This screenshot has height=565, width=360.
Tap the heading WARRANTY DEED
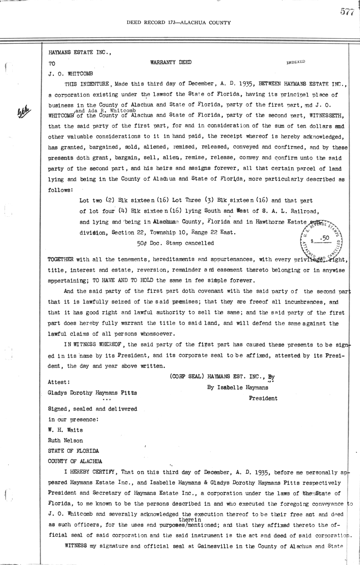pos(171,62)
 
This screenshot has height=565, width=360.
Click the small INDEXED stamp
pos(296,62)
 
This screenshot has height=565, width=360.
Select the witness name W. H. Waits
pos(65,430)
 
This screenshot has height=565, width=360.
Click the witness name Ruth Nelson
pos(65,441)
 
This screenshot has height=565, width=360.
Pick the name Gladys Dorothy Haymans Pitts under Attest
pos(92,393)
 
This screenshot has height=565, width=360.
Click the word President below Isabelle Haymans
pos(263,399)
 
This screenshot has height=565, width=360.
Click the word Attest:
pos(59,382)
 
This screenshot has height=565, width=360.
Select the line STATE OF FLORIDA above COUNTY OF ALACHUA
pos(73,451)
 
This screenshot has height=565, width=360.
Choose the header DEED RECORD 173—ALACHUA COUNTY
pos(179,22)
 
